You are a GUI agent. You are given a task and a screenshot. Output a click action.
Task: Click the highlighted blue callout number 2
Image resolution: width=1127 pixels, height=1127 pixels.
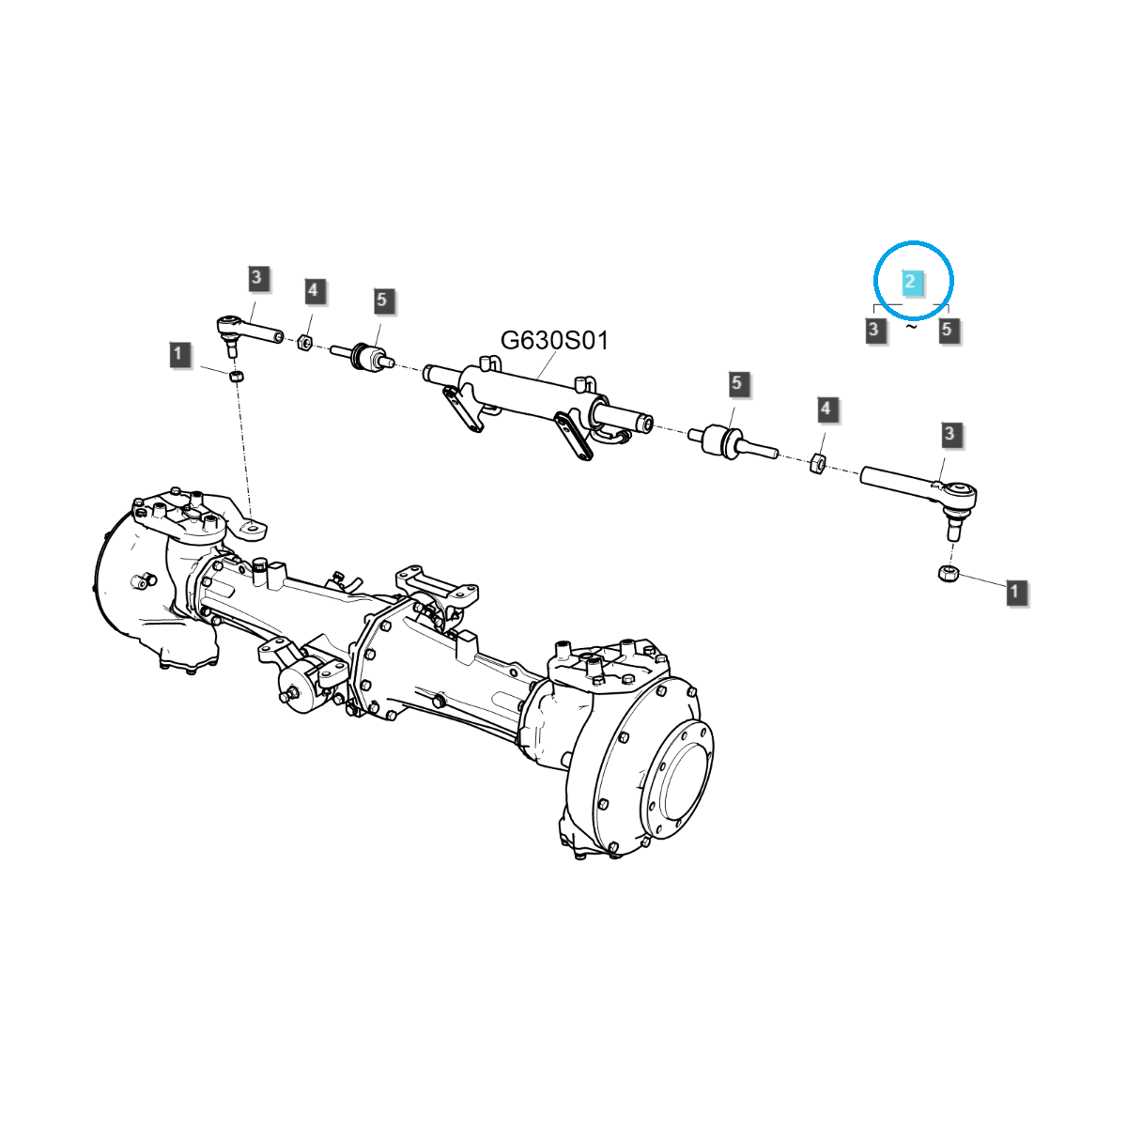909,281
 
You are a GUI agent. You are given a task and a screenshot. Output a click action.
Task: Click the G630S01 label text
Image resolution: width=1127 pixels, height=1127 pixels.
554,340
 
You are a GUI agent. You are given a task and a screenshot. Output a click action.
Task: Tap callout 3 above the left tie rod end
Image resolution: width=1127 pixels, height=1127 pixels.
257,278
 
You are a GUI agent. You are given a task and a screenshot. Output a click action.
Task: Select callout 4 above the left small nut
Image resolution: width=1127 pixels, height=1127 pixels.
313,290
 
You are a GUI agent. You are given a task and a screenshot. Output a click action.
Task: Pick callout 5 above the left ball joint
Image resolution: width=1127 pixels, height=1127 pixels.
381,301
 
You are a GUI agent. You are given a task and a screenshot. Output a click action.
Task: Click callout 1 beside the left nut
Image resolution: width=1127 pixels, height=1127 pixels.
179,355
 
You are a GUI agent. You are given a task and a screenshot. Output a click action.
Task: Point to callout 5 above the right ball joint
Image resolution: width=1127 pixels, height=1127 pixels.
736,383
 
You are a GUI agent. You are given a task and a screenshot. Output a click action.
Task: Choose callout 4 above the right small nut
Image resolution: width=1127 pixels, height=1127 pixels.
826,409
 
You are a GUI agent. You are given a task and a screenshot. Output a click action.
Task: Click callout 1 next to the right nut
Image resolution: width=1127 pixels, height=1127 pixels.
1015,592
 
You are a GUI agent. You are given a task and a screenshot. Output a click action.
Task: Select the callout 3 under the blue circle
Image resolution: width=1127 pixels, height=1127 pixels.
874,330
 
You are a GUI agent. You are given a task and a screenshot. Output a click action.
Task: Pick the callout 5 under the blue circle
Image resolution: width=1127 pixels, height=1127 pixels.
947,330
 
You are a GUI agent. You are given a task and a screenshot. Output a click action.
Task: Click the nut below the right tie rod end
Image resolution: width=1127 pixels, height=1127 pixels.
948,572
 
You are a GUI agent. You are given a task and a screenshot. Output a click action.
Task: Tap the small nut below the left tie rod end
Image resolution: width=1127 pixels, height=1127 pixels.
237,376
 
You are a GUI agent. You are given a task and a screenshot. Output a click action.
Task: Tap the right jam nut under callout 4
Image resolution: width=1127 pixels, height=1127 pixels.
817,461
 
